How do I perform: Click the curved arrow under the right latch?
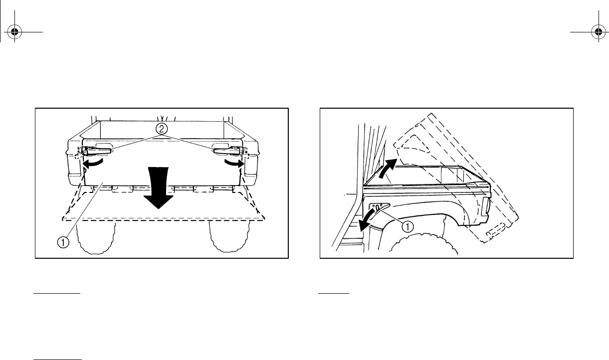(234, 163)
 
